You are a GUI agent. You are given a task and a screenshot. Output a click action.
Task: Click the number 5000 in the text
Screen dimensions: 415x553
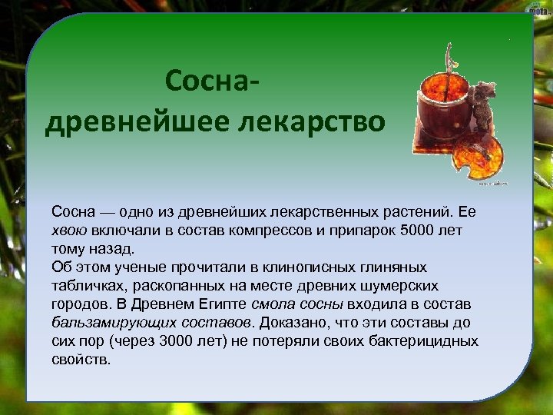click(415, 230)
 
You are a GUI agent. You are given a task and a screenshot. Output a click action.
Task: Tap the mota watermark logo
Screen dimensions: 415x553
click(538, 10)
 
